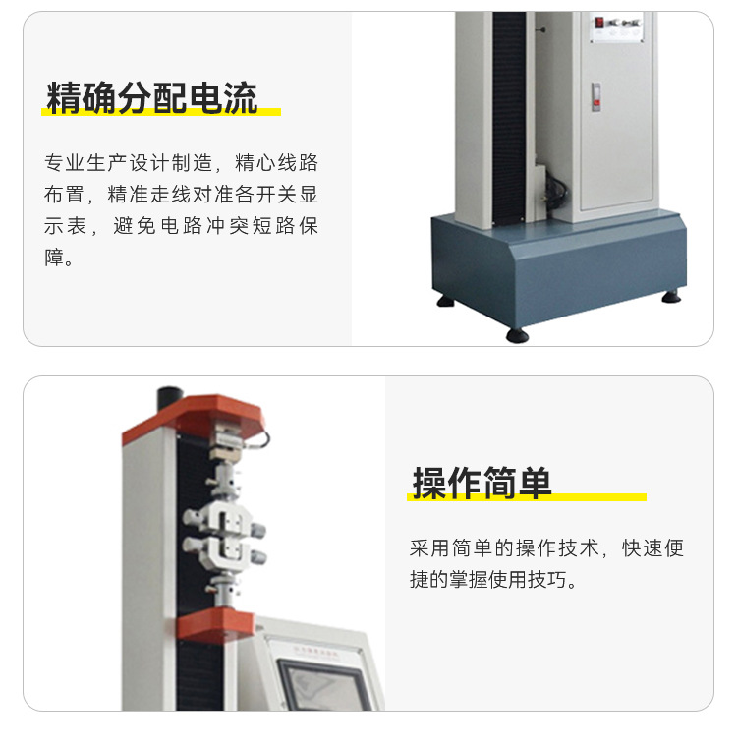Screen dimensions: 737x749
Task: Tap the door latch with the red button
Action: pyautogui.click(x=596, y=97)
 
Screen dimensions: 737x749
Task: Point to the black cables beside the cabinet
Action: pyautogui.click(x=555, y=191)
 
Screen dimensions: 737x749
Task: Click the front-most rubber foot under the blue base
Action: pyautogui.click(x=517, y=335)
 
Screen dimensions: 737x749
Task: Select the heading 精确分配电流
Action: pyautogui.click(x=152, y=98)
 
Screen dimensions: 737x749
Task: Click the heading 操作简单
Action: pyautogui.click(x=482, y=483)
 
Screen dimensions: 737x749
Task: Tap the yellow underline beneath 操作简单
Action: pyautogui.click(x=527, y=497)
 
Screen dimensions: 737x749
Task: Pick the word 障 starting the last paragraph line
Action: pyautogui.click(x=54, y=257)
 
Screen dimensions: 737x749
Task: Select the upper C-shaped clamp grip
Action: pyautogui.click(x=224, y=518)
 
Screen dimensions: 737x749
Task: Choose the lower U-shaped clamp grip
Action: pyautogui.click(x=224, y=553)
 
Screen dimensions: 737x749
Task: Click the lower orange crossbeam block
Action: pyautogui.click(x=215, y=626)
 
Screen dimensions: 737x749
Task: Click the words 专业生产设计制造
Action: pyautogui.click(x=128, y=163)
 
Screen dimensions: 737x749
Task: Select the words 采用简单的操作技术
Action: pyautogui.click(x=504, y=547)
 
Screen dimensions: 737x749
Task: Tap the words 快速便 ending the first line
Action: pyautogui.click(x=652, y=547)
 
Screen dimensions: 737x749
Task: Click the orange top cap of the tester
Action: pyautogui.click(x=193, y=417)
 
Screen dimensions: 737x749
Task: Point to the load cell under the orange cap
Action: pyautogui.click(x=228, y=440)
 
